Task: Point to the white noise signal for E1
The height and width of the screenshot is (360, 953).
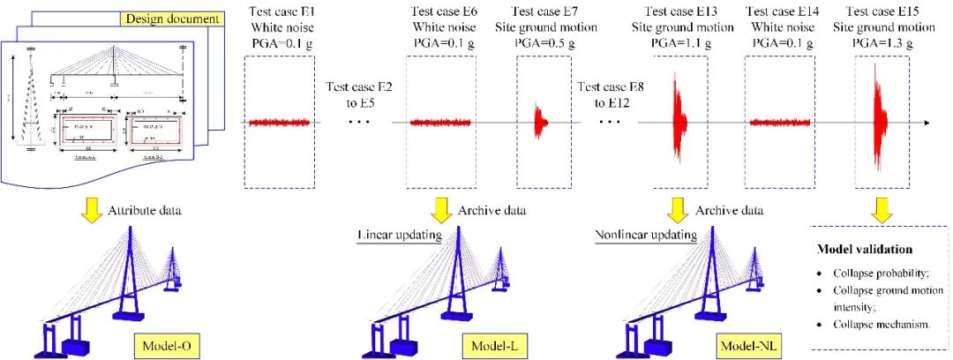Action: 278,123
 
